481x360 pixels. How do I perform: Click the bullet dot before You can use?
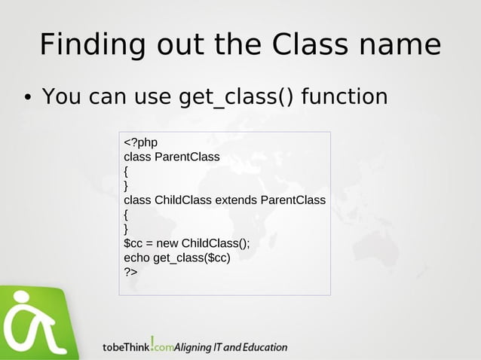(x=25, y=98)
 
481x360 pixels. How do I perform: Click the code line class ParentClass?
(x=172, y=157)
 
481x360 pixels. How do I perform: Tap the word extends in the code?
(x=236, y=200)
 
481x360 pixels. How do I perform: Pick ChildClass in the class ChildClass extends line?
(x=183, y=200)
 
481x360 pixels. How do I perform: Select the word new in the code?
(x=167, y=243)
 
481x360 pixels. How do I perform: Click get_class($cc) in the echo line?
(x=191, y=258)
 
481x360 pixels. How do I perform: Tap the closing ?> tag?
(x=130, y=272)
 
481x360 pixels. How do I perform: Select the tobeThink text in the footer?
(x=125, y=348)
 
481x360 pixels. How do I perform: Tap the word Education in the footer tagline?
(x=263, y=348)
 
